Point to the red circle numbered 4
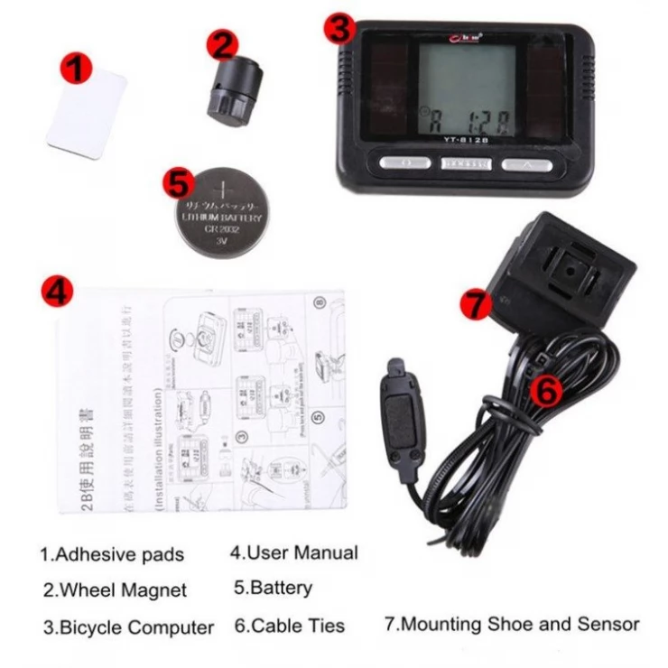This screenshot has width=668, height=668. tap(57, 292)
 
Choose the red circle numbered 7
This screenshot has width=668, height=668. tap(476, 304)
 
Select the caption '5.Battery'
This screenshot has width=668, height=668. tap(273, 589)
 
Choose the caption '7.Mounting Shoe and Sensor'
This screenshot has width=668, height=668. tap(512, 623)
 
